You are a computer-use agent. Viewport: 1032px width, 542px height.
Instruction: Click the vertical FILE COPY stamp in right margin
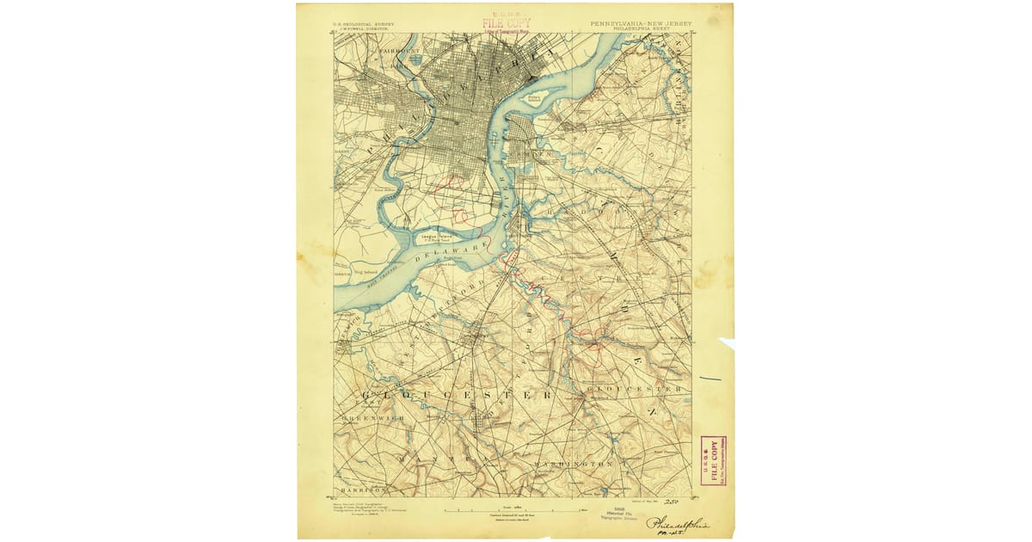click(713, 460)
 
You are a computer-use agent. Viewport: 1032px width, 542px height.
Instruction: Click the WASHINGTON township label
click(573, 464)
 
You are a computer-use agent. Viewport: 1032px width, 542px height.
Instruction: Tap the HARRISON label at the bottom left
click(353, 488)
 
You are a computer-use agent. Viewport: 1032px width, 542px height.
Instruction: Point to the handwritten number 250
click(671, 502)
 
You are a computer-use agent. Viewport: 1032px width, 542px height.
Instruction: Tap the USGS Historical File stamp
click(619, 514)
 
